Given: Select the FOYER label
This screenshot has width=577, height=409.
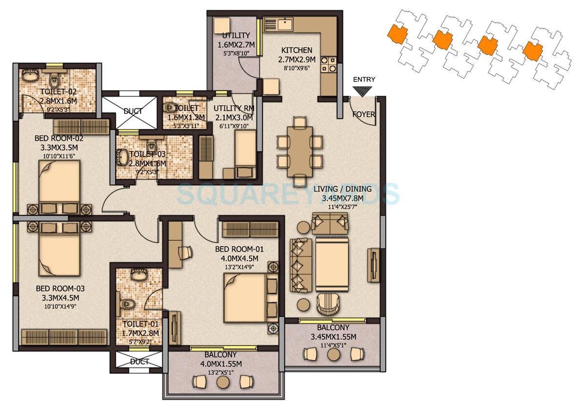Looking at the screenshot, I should tap(363, 115).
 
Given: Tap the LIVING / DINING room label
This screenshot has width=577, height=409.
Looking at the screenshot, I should tap(342, 189).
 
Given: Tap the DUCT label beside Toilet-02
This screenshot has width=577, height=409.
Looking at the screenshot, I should tap(133, 111).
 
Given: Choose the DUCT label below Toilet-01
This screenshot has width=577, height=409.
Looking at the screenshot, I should tap(139, 362).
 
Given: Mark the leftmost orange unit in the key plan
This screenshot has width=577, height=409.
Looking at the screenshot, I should tap(397, 35).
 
